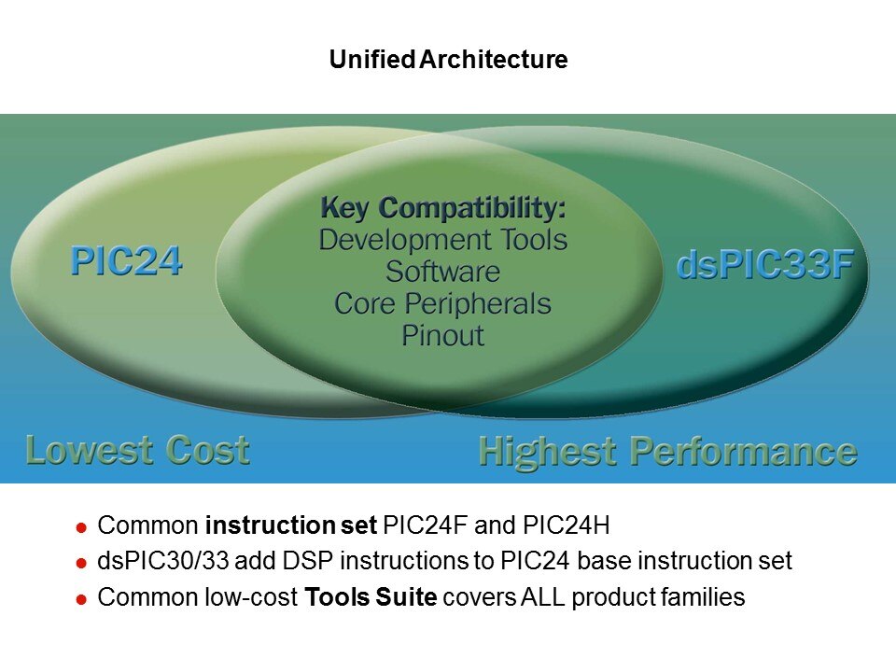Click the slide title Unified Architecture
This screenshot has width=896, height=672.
(448, 60)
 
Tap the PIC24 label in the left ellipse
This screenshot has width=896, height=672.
(126, 261)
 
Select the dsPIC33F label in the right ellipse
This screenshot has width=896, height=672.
(765, 265)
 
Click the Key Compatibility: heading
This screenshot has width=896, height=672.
(443, 208)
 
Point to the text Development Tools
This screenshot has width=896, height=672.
(443, 240)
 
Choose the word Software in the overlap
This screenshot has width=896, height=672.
(442, 272)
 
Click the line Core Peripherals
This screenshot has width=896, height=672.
(442, 304)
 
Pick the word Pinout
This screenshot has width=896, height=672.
(442, 335)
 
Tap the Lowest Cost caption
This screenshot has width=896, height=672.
(138, 450)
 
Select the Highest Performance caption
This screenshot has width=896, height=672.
(668, 452)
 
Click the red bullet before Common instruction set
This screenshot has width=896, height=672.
(81, 527)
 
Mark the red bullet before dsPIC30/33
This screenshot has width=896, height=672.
(81, 564)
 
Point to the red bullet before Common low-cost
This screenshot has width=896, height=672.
(81, 599)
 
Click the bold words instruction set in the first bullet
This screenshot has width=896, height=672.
(291, 525)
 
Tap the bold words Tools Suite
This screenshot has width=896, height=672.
(371, 597)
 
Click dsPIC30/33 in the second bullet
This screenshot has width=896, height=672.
(162, 561)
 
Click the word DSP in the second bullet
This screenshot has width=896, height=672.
(308, 561)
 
